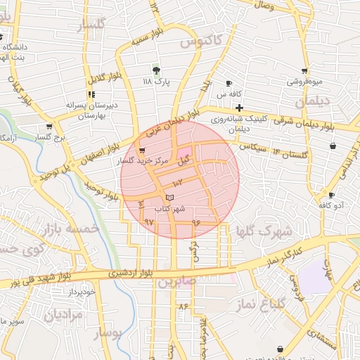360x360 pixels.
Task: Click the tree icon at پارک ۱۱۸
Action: point(156,70)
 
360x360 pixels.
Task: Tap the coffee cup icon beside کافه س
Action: point(229,83)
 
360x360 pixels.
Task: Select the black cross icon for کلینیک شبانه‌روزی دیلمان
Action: point(240,108)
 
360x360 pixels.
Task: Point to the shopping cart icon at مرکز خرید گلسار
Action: point(143,150)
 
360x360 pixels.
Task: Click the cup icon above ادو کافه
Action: point(331,195)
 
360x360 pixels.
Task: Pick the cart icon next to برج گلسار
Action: point(49,127)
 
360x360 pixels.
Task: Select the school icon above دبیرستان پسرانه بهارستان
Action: point(91,94)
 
